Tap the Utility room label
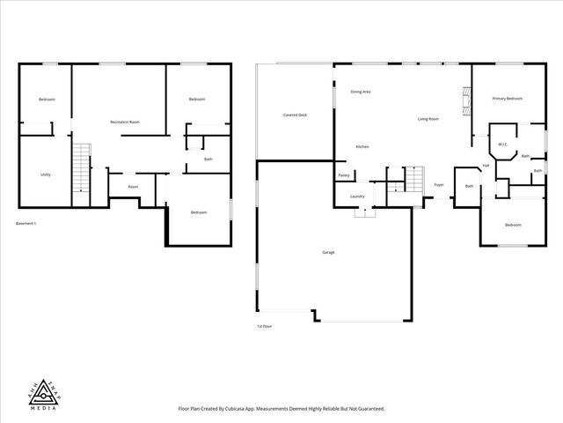pos(45,174)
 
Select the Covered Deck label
pos(295,115)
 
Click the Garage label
pos(327,252)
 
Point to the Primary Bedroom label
pos(507,99)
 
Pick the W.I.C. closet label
pos(502,144)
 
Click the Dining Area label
pos(360,92)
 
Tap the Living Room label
pos(428,118)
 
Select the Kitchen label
pos(362,146)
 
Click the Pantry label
pos(344,175)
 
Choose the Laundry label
pos(357,197)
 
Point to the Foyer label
pos(438,185)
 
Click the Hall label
pos(486,166)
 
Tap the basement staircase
pos(81,167)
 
